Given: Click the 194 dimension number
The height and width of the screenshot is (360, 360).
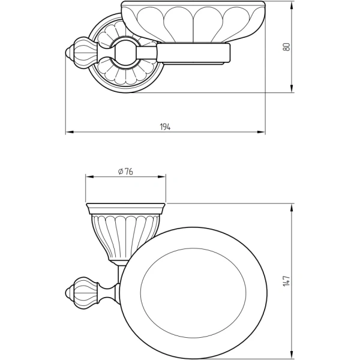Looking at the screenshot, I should (165, 127).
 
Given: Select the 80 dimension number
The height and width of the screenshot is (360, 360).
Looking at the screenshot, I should (287, 47).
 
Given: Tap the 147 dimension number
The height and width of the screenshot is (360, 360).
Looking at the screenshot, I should (287, 280).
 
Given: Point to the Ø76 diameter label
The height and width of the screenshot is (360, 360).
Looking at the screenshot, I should (125, 171).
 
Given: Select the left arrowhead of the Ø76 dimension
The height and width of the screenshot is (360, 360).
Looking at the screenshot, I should (89, 177).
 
